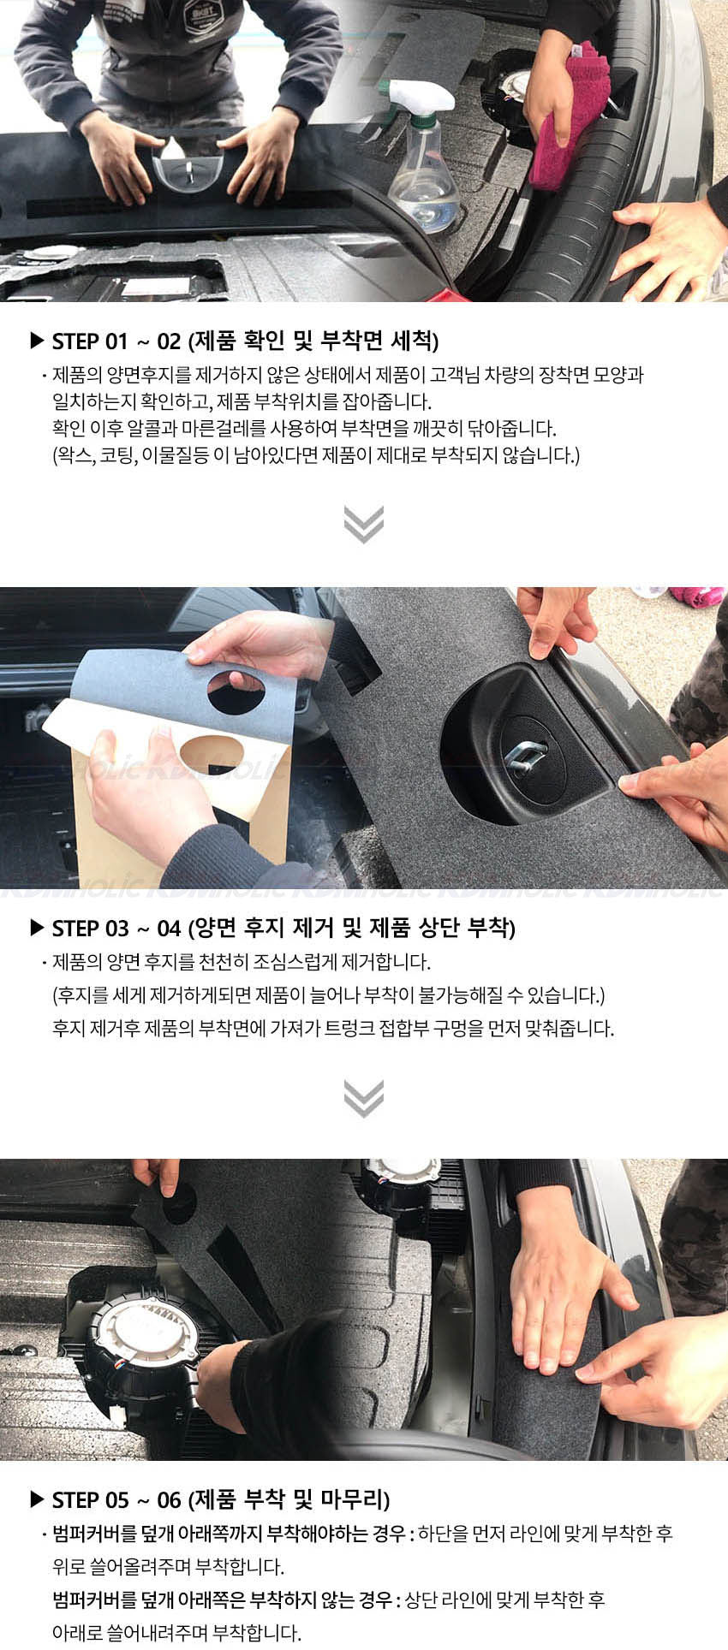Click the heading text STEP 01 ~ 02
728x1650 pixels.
pos(116,341)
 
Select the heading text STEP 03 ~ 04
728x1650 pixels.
pos(116,929)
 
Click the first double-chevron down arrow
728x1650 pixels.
pos(364,524)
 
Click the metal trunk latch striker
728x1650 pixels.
pos(524,757)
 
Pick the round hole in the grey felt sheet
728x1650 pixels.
pos(236,692)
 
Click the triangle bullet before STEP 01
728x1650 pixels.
pos(37,341)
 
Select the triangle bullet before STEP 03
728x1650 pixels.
pos(37,929)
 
